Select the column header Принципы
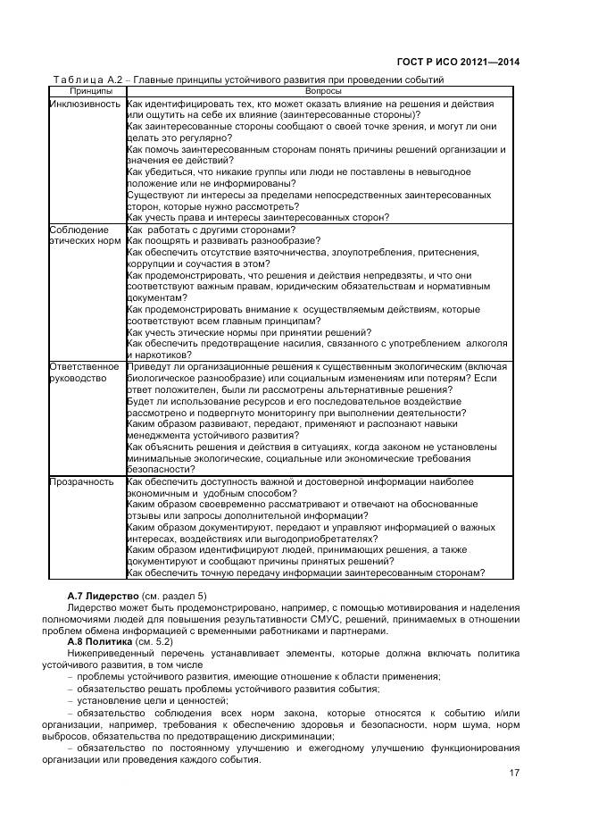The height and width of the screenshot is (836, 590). (x=86, y=91)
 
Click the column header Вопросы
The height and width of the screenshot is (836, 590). (x=321, y=91)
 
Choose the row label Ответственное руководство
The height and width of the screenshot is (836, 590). (x=84, y=372)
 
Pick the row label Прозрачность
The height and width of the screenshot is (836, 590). (x=81, y=482)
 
